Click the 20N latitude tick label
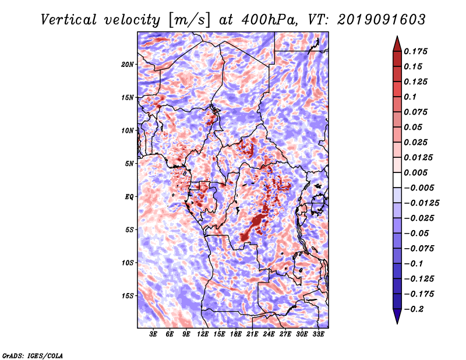[x=128, y=65]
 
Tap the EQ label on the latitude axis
[x=129, y=197]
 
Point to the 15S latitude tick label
[x=128, y=296]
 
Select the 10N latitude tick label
[x=128, y=130]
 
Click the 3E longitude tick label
[x=153, y=334]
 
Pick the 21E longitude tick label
[x=252, y=334]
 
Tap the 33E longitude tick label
[x=318, y=334]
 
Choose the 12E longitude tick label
[x=202, y=334]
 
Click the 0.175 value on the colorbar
[x=415, y=51]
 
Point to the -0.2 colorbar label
[x=414, y=309]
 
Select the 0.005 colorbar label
[x=415, y=172]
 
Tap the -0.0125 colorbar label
[x=421, y=203]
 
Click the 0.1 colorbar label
[x=410, y=97]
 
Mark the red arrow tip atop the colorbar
[x=397, y=37]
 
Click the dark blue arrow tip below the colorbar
[x=397, y=323]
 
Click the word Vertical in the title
[x=69, y=20]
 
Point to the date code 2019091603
[x=382, y=20]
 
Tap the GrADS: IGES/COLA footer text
[x=33, y=355]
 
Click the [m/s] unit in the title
[x=189, y=20]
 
